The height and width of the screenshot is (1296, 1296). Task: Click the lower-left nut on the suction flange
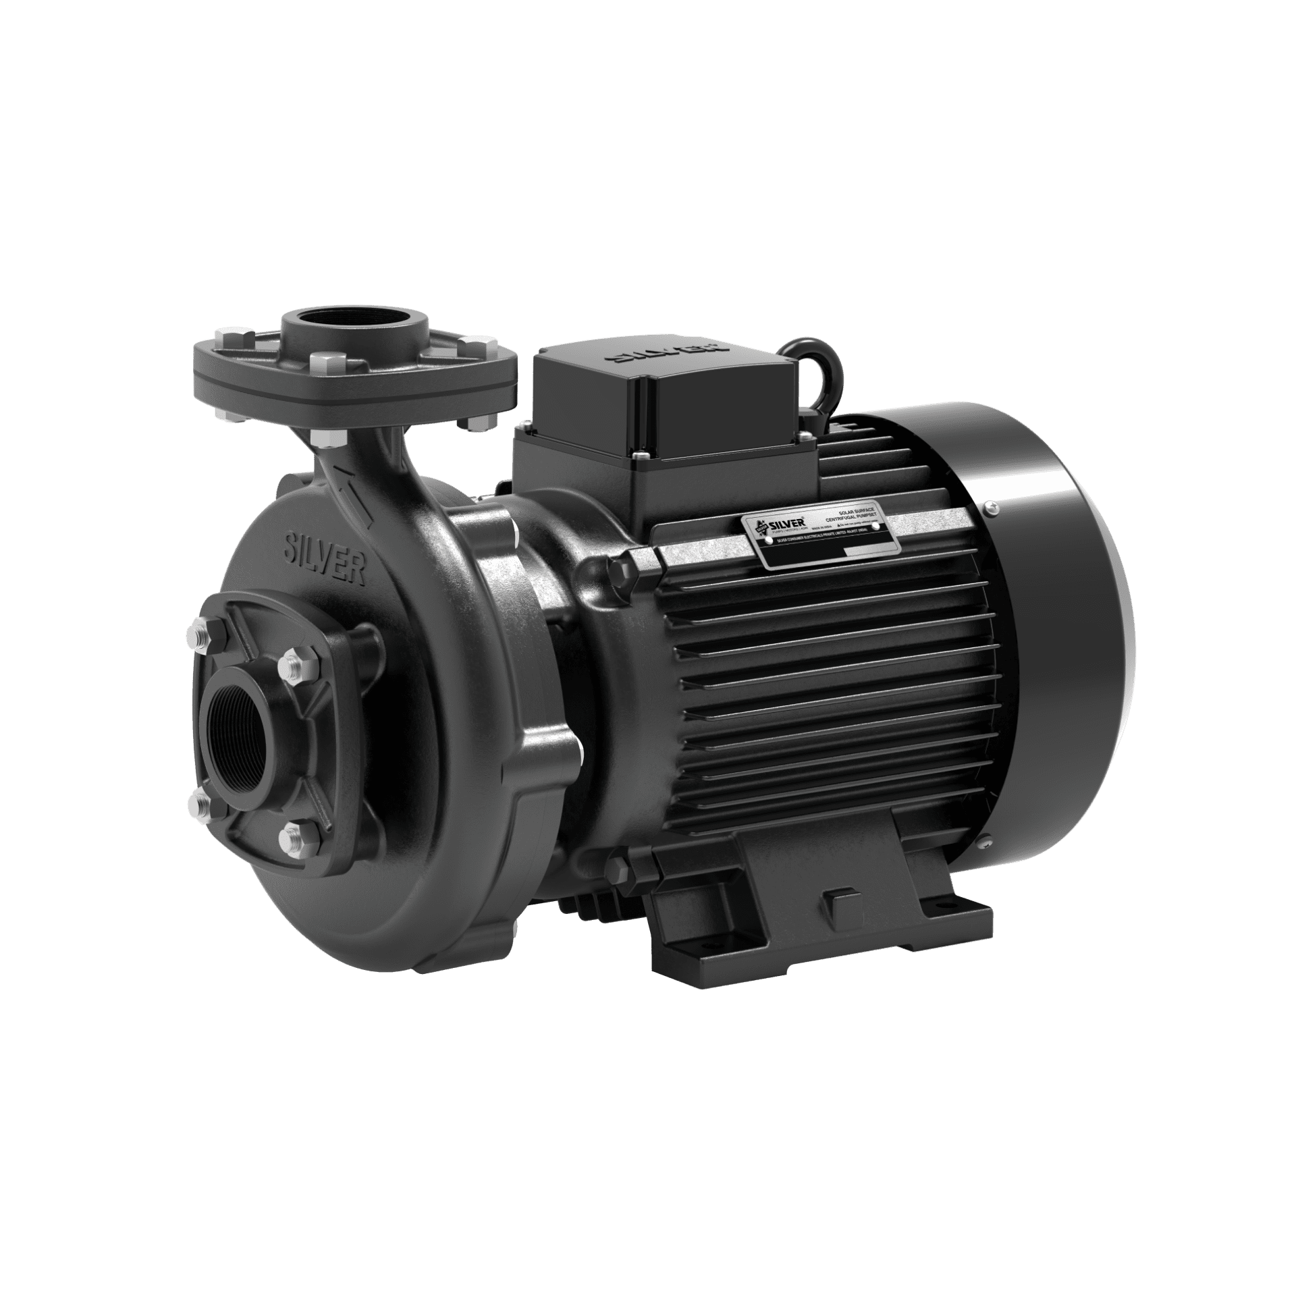click(x=200, y=803)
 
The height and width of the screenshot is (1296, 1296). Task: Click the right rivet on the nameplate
click(x=875, y=526)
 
